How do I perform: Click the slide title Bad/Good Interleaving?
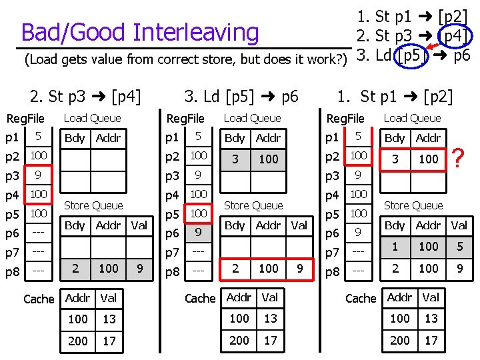tap(140, 32)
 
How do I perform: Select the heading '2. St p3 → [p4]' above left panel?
tap(85, 97)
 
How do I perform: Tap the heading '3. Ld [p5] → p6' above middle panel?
tap(241, 97)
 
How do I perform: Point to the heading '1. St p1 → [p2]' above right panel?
tap(395, 97)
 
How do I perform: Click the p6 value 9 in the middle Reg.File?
tap(198, 233)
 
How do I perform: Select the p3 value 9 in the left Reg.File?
tap(39, 176)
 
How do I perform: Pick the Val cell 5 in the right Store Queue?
tap(459, 247)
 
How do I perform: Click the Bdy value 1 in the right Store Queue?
tap(395, 247)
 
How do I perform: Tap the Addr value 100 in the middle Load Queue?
tap(269, 159)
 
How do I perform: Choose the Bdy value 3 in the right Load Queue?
tap(395, 159)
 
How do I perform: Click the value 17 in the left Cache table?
tap(109, 341)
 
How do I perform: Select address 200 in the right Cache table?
tap(400, 340)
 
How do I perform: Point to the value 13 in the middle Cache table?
tap(271, 319)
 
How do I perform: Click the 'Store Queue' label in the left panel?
tap(93, 205)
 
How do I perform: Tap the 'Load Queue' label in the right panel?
tap(412, 118)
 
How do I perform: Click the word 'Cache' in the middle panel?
tap(199, 298)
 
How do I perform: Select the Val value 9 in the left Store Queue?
tap(139, 268)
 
